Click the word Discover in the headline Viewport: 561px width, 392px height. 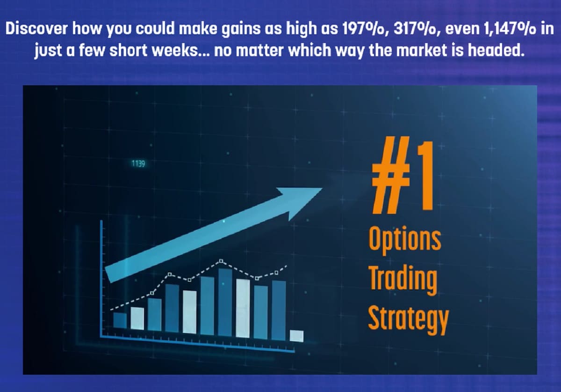[x=36, y=29]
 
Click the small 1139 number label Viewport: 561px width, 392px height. [x=138, y=164]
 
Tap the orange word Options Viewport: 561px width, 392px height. [x=405, y=240]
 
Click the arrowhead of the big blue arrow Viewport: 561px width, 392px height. [x=301, y=203]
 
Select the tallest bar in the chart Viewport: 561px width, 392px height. [x=225, y=303]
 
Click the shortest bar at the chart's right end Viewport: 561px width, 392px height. [x=296, y=336]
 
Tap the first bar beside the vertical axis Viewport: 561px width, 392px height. [x=120, y=320]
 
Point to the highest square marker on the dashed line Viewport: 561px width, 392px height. [x=221, y=261]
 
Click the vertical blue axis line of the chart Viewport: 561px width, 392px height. [x=102, y=279]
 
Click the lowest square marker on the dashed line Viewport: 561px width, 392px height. [x=152, y=293]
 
